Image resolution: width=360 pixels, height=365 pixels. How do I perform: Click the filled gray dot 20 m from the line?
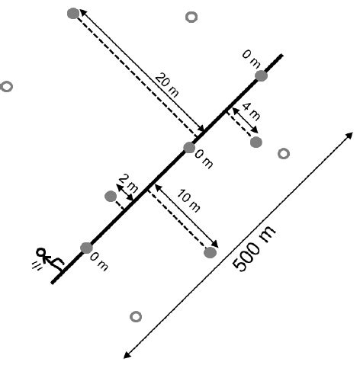coord(73,13)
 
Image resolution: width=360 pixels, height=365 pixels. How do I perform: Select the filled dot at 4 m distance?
coord(256,142)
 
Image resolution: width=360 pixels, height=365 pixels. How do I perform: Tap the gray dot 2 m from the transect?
coord(111,197)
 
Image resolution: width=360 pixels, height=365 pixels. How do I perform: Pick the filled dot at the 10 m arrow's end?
coord(211,252)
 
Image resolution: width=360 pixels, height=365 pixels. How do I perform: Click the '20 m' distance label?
coord(168,85)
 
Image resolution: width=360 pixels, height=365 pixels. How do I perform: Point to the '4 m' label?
coord(251,110)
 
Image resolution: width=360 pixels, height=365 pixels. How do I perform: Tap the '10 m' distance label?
coord(188,200)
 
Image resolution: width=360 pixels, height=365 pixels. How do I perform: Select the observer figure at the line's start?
coord(46,258)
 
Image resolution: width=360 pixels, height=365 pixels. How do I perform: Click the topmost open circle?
coord(191,17)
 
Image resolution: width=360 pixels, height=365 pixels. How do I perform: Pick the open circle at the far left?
coord(7,87)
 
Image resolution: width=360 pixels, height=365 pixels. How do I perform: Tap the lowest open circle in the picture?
coord(136,316)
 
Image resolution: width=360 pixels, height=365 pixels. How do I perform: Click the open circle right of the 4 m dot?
coord(284,153)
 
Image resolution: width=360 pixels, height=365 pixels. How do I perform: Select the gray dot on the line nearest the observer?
coord(86,248)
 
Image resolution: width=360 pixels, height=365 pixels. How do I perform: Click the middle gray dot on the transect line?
coord(189,147)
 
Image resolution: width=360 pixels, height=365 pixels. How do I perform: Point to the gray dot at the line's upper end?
coord(261,75)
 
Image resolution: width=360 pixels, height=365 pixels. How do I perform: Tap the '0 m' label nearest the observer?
coord(99,263)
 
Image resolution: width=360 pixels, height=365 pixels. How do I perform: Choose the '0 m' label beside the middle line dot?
coord(204,160)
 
